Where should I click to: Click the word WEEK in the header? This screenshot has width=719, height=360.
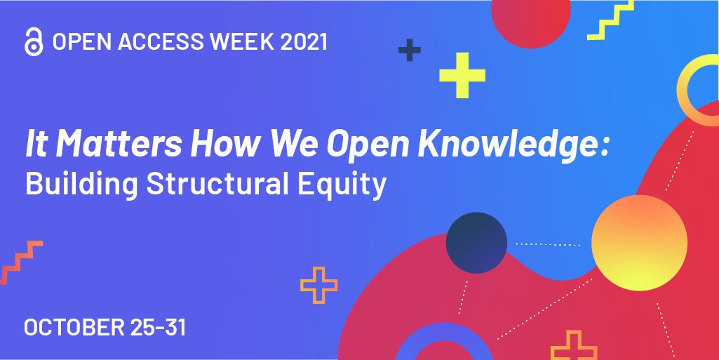(x=227, y=42)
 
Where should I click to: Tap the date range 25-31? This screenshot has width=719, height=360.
(x=159, y=327)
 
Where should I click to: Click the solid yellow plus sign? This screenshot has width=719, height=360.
(x=462, y=75)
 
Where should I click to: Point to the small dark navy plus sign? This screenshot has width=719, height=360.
(x=409, y=50)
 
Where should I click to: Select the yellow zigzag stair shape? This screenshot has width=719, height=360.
(x=610, y=21)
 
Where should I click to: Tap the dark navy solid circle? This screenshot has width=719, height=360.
(x=476, y=243)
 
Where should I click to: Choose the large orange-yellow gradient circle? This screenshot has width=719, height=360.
(x=639, y=242)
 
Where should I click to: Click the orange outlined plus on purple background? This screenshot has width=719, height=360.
(x=318, y=285)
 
